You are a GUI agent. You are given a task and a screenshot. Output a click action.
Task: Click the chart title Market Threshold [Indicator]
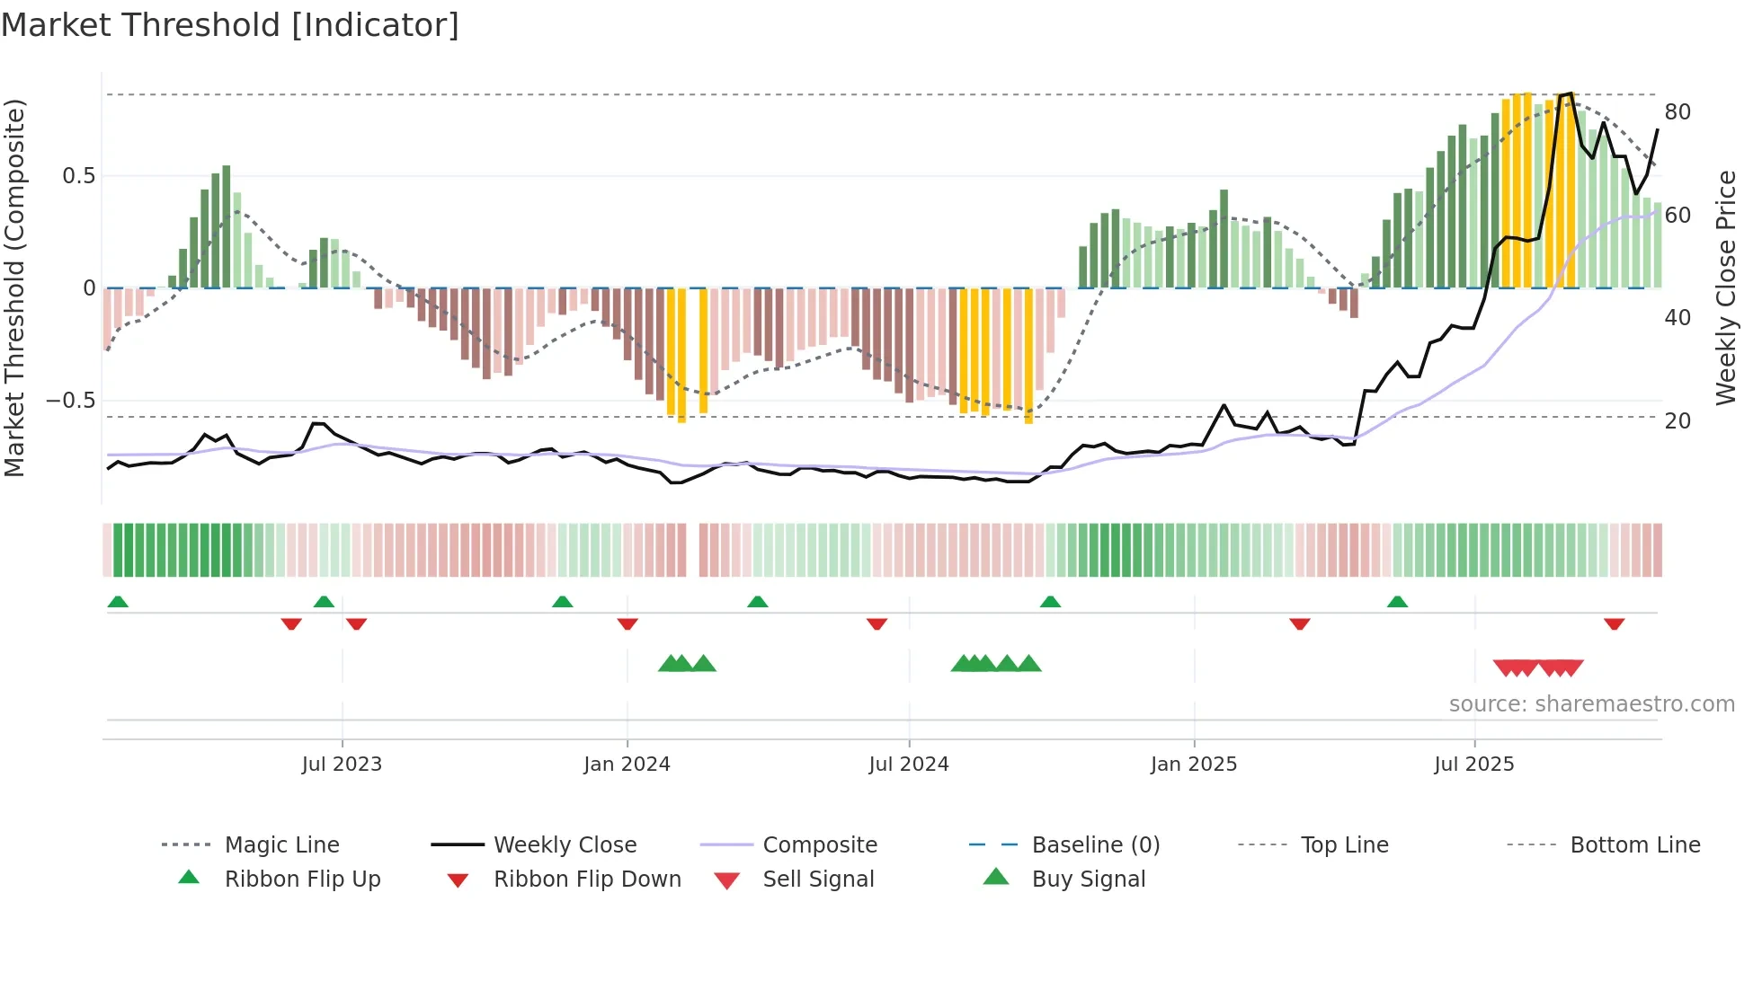[230, 25]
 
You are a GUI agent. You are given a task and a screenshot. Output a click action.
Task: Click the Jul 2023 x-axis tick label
[342, 765]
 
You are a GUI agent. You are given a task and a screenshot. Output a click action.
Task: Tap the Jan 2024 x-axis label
[627, 765]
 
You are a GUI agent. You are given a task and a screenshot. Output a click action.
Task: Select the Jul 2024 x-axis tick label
[909, 765]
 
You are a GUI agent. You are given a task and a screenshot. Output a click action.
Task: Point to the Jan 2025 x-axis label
[1194, 765]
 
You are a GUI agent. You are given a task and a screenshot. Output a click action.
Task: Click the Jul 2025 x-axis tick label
[1474, 765]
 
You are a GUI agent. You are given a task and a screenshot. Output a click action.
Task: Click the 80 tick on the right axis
[1677, 112]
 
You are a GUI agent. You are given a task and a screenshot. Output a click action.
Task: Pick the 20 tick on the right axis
[1677, 420]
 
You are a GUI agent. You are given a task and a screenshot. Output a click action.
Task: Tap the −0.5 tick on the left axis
[70, 401]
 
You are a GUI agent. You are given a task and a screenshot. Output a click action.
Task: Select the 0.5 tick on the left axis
[78, 176]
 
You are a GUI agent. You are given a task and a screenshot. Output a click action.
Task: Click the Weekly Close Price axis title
[1726, 287]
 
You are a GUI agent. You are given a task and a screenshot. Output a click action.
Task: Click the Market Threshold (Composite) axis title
[14, 287]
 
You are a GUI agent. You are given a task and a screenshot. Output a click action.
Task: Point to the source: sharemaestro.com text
[1591, 704]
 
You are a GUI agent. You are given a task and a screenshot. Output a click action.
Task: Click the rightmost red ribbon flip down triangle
[1614, 623]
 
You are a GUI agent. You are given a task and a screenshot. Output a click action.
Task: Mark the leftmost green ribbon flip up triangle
[118, 602]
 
